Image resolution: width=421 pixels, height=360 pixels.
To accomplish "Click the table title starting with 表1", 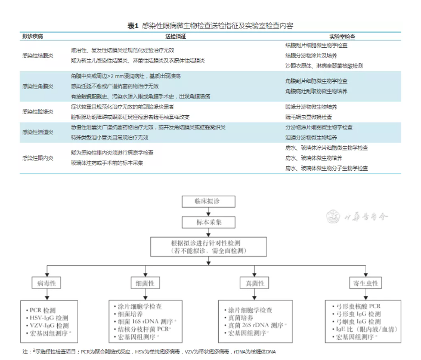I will pyautogui.click(x=210, y=24).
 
